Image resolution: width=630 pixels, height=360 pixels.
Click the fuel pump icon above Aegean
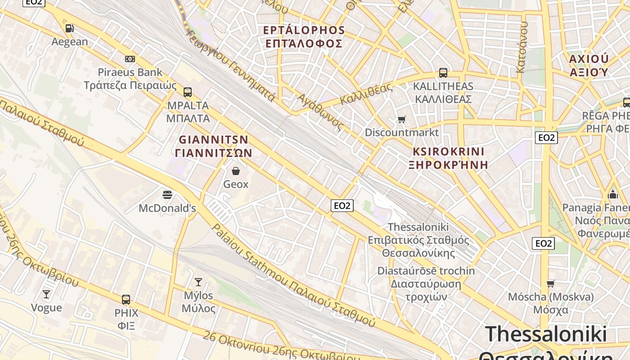(x=69, y=28)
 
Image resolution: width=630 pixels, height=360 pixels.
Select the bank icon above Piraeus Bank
(x=130, y=59)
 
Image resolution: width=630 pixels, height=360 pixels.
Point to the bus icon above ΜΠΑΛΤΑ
(x=188, y=92)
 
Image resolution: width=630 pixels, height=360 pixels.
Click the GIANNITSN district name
(x=214, y=139)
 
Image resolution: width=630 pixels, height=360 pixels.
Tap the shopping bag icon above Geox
(x=236, y=171)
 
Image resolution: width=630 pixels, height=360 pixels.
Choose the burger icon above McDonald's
(x=167, y=195)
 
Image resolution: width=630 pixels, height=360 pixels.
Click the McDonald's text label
(x=167, y=208)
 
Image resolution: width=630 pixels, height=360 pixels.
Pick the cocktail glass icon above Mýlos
(x=198, y=282)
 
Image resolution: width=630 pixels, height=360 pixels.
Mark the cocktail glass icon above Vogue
(x=46, y=294)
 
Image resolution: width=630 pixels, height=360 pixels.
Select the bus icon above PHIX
(x=126, y=299)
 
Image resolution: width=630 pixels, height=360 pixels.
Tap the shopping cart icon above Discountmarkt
(x=401, y=119)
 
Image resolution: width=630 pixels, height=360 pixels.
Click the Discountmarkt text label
(x=401, y=132)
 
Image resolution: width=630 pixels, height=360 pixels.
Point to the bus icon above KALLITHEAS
(x=443, y=72)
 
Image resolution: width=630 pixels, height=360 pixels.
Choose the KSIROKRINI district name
(x=448, y=151)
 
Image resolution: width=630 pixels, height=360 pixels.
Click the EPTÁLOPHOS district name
(x=304, y=30)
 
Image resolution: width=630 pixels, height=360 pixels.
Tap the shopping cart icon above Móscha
(x=550, y=283)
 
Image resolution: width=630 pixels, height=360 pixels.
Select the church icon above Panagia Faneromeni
(x=612, y=195)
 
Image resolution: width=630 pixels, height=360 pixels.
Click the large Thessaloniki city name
(x=546, y=335)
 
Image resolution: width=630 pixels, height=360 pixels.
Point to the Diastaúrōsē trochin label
(x=426, y=271)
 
